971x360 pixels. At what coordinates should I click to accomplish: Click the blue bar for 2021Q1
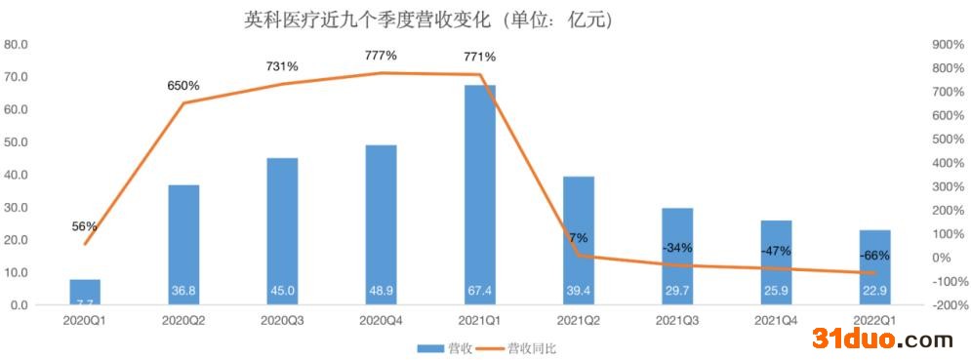(x=479, y=195)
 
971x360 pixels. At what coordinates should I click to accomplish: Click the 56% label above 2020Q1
(x=85, y=226)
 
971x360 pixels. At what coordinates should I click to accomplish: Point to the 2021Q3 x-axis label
(x=677, y=319)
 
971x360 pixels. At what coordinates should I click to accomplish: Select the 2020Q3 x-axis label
(x=282, y=319)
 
